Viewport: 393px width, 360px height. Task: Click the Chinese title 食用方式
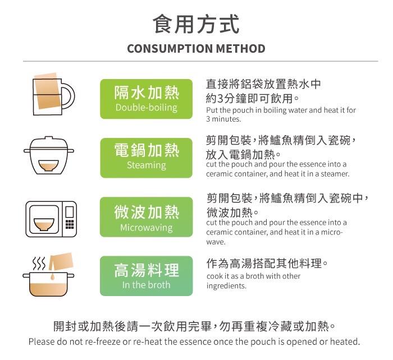click(196, 24)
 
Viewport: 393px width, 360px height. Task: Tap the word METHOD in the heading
click(241, 49)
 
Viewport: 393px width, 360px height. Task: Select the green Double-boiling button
click(147, 99)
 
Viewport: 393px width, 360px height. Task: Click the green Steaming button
click(147, 158)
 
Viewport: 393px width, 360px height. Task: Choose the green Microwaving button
click(147, 217)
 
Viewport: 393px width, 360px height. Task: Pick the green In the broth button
click(147, 276)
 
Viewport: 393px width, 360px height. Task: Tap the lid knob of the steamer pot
click(49, 138)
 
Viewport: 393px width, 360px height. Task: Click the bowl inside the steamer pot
click(49, 165)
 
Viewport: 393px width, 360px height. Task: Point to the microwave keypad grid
click(70, 224)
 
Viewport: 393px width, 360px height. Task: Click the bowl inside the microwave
click(44, 224)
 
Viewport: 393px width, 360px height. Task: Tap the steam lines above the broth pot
click(39, 264)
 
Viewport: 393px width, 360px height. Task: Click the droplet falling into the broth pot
click(52, 276)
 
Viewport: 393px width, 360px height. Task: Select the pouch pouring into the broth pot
click(61, 261)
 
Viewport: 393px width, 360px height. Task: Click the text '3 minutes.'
click(223, 119)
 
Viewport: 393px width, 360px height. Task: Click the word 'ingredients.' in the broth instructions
click(226, 286)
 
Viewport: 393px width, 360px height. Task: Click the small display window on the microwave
click(70, 212)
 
